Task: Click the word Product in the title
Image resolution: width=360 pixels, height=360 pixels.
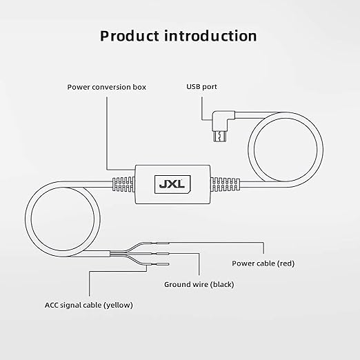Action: pyautogui.click(x=130, y=36)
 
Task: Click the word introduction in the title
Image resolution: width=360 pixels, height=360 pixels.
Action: pyautogui.click(x=210, y=36)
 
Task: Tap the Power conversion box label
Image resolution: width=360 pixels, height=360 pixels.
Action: pyautogui.click(x=107, y=87)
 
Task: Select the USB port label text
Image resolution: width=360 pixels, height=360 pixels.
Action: pyautogui.click(x=201, y=87)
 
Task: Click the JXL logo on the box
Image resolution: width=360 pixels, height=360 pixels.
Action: pyautogui.click(x=172, y=184)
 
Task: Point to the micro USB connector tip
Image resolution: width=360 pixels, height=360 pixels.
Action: pyautogui.click(x=220, y=136)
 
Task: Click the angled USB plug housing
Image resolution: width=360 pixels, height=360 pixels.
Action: pyautogui.click(x=223, y=120)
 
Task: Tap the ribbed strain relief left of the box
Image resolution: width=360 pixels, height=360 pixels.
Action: pyautogui.click(x=123, y=184)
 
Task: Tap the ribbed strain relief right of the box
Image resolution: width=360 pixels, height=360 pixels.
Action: pyautogui.click(x=225, y=184)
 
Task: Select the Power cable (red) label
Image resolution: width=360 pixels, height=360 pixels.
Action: pyautogui.click(x=263, y=263)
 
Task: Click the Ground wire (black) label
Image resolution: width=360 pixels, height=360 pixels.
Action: pyautogui.click(x=199, y=285)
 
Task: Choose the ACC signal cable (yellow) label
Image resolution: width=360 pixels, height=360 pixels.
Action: pyautogui.click(x=89, y=306)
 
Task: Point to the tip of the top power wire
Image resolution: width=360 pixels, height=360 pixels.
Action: pyautogui.click(x=169, y=243)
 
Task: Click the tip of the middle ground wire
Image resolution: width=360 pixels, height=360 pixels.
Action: pyautogui.click(x=168, y=254)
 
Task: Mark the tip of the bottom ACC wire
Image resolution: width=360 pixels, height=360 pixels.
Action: pyautogui.click(x=168, y=264)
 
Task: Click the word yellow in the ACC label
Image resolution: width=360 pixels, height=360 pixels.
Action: pyautogui.click(x=119, y=306)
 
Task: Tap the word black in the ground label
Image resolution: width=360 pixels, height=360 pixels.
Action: pyautogui.click(x=222, y=285)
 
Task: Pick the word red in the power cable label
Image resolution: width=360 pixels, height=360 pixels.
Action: pyautogui.click(x=286, y=263)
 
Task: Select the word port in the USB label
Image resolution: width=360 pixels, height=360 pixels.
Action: pyautogui.click(x=209, y=87)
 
